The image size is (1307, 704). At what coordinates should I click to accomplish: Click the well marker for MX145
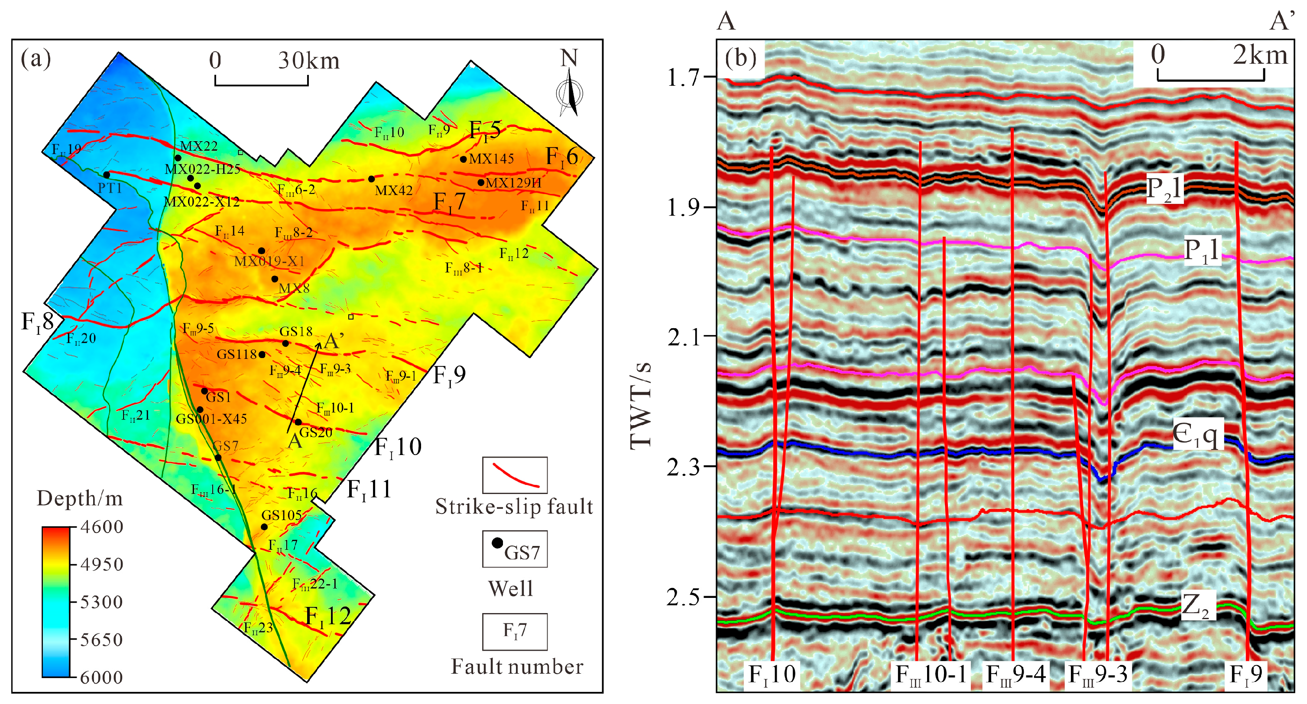click(x=463, y=159)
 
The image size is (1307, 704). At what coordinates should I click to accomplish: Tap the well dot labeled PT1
click(x=107, y=175)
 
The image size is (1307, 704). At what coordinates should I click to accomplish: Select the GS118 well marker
click(x=262, y=355)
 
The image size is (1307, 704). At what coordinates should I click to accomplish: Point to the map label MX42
click(x=393, y=190)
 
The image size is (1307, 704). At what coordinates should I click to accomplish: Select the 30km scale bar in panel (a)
click(x=261, y=80)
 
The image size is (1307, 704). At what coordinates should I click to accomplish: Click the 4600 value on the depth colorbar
click(x=101, y=527)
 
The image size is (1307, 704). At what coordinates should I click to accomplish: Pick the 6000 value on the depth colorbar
click(x=101, y=678)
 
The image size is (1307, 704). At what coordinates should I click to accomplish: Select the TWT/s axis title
click(x=640, y=406)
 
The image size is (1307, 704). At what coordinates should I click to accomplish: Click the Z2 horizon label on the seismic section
click(x=1195, y=606)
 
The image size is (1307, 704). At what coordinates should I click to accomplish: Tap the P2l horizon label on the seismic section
click(x=1164, y=189)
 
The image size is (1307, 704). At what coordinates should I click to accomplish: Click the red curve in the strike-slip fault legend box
click(x=515, y=476)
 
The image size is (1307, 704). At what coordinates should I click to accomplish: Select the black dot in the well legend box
click(x=497, y=543)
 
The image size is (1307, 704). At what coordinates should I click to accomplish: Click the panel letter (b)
click(x=740, y=58)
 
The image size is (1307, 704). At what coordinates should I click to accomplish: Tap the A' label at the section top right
click(x=1281, y=21)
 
